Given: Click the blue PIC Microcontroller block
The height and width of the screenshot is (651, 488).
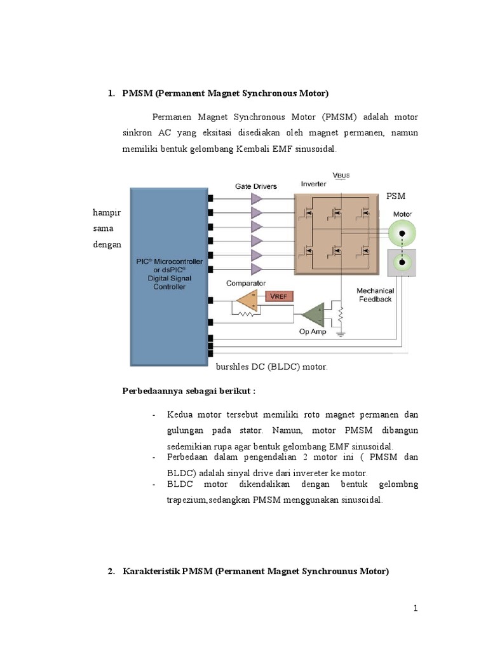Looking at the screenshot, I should [168, 273].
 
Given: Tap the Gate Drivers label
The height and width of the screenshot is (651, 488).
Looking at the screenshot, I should [256, 186].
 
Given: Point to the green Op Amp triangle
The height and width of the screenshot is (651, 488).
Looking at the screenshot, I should [315, 314].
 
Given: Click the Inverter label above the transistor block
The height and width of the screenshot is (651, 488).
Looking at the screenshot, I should [313, 184].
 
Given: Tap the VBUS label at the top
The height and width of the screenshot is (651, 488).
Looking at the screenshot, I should [341, 175].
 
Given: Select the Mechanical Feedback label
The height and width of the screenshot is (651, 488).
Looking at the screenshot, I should [375, 295].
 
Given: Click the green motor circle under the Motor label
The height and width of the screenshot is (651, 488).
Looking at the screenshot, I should [402, 235].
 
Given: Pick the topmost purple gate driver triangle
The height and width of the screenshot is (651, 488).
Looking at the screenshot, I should [257, 198].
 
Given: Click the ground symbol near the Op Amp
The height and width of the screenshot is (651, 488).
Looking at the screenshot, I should [341, 332].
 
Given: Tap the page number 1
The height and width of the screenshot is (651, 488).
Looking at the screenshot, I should [416, 608].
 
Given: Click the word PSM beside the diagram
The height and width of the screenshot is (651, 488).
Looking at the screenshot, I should [396, 196].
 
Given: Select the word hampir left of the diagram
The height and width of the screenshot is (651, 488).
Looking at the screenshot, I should [107, 212].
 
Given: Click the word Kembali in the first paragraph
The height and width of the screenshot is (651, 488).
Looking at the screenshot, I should [257, 149].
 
